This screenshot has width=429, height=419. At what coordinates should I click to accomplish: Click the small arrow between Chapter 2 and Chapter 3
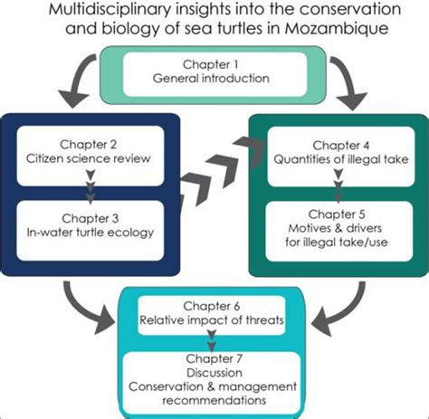[x=89, y=188]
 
